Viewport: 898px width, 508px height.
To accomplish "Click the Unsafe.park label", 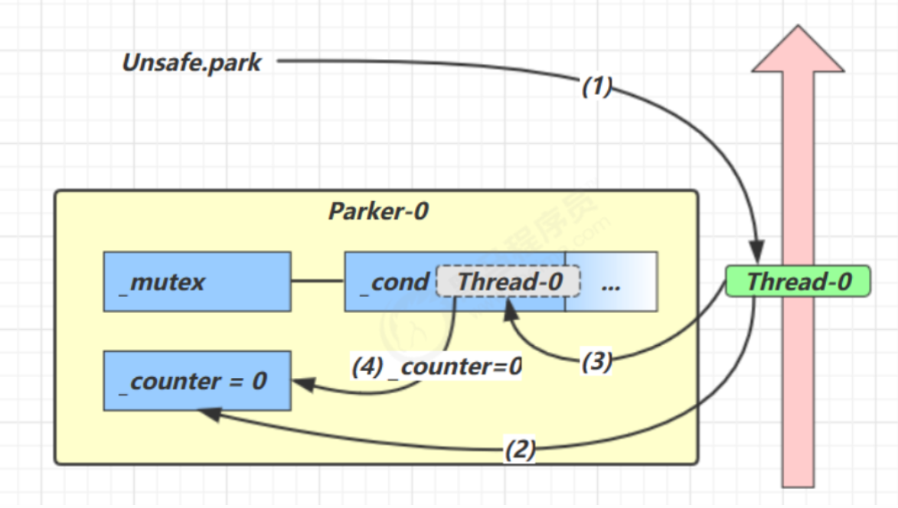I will [x=191, y=63].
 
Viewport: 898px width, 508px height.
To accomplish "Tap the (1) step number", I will [x=597, y=87].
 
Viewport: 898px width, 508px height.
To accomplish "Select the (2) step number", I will [x=520, y=449].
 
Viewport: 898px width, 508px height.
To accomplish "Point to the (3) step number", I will [x=596, y=361].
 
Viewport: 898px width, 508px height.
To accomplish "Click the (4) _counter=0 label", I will [x=436, y=366].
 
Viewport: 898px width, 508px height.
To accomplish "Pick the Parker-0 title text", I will [x=377, y=211].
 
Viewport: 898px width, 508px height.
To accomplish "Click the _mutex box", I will [x=197, y=282].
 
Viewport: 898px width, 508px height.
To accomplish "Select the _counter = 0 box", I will [x=197, y=381].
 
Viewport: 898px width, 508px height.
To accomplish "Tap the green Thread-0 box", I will [x=798, y=282].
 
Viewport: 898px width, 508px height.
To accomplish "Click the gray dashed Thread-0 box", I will [x=508, y=282].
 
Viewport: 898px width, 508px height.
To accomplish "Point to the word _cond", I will [x=393, y=282].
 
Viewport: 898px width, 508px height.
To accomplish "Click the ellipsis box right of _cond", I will [x=611, y=282].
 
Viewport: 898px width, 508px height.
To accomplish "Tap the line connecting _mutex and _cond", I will [x=317, y=281].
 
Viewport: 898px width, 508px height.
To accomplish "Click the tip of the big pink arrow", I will [x=798, y=29].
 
